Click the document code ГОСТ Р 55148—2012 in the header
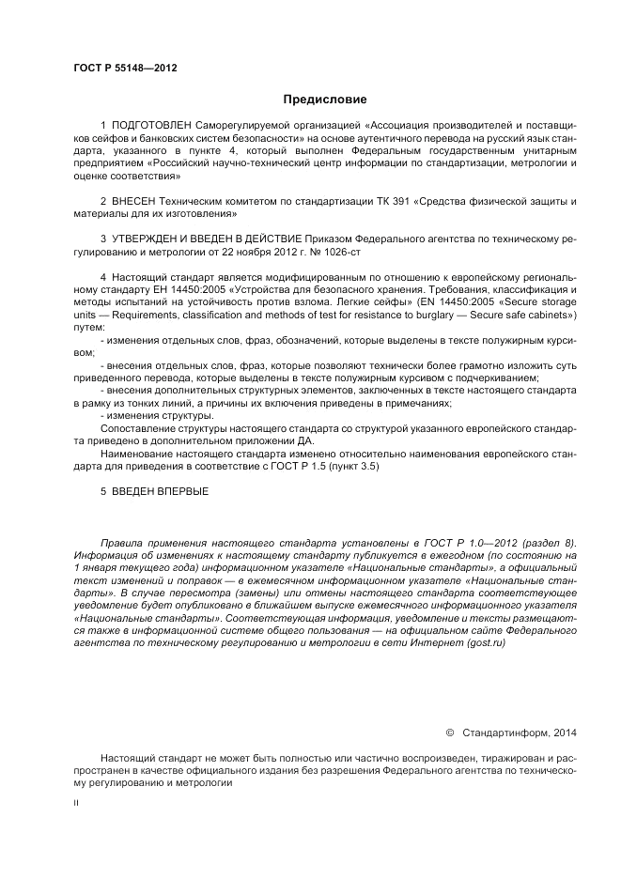tap(125, 69)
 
